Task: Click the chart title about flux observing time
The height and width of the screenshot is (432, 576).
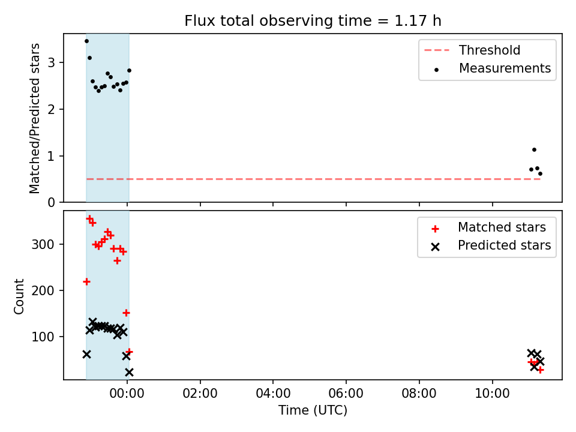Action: point(313,21)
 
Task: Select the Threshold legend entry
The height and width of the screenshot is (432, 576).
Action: point(472,50)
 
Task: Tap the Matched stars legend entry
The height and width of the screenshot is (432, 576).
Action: point(488,227)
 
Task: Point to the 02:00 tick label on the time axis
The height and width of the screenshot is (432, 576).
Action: point(200,394)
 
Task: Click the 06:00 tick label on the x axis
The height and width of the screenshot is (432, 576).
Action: point(346,394)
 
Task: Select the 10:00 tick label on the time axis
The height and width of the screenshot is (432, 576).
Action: point(492,394)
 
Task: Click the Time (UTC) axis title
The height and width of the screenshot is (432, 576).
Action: point(313,410)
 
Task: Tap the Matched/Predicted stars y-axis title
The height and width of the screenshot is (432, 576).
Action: point(35,118)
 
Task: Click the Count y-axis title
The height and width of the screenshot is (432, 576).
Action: point(19,296)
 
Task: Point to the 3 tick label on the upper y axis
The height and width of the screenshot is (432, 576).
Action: point(51,62)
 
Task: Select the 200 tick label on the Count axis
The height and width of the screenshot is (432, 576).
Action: point(43,290)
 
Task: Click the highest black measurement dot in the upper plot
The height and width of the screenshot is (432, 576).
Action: point(86,41)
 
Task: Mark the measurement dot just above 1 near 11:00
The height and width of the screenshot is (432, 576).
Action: point(534,149)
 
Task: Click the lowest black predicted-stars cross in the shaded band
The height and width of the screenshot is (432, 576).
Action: point(129,373)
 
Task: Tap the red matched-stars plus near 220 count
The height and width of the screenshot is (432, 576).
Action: point(86,282)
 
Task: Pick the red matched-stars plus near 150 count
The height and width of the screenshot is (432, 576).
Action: point(126,313)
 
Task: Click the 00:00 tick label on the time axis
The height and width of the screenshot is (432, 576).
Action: point(127,394)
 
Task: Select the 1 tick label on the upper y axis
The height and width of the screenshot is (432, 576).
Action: point(51,156)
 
